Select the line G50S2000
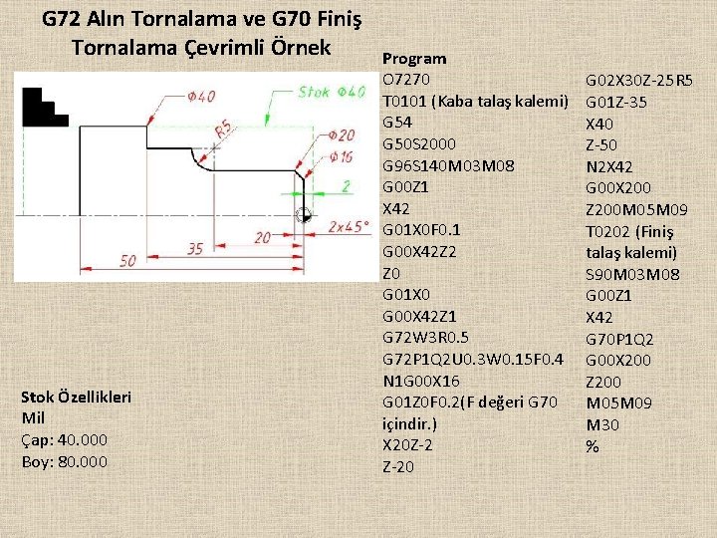click(x=421, y=144)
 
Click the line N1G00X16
click(x=419, y=381)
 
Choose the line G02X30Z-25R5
click(x=639, y=80)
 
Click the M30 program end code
click(x=601, y=424)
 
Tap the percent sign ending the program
click(x=593, y=447)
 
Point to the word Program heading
click(x=414, y=59)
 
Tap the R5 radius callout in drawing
click(x=224, y=128)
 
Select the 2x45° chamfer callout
click(x=349, y=225)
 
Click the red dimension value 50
click(x=127, y=260)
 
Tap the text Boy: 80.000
click(x=65, y=461)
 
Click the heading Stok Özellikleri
click(x=76, y=397)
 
